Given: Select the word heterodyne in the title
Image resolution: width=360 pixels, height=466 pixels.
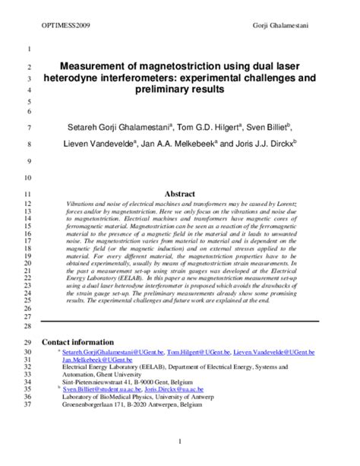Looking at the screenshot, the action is click(93, 78).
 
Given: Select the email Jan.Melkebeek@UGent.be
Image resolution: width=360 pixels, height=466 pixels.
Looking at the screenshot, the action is click(93, 362).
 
